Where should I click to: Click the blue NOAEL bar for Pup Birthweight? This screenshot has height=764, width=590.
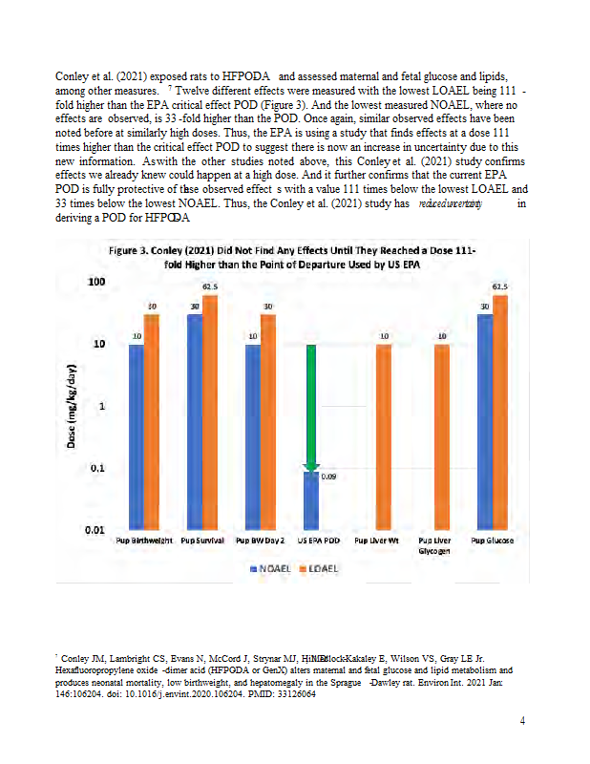(x=137, y=435)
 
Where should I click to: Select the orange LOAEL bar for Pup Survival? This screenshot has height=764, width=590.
(x=210, y=411)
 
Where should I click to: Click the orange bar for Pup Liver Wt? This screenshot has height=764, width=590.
(x=383, y=435)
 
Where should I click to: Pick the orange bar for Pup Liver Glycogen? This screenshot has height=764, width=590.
(x=442, y=435)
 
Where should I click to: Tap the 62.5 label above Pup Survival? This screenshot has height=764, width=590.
(x=210, y=286)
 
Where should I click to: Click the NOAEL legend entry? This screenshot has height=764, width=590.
(x=269, y=568)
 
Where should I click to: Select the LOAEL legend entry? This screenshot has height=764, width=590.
(x=321, y=568)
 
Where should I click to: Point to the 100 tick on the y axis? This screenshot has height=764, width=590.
(x=95, y=282)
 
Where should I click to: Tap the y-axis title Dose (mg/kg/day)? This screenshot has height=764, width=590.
(x=73, y=406)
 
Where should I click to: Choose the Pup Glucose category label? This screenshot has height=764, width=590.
(x=493, y=541)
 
